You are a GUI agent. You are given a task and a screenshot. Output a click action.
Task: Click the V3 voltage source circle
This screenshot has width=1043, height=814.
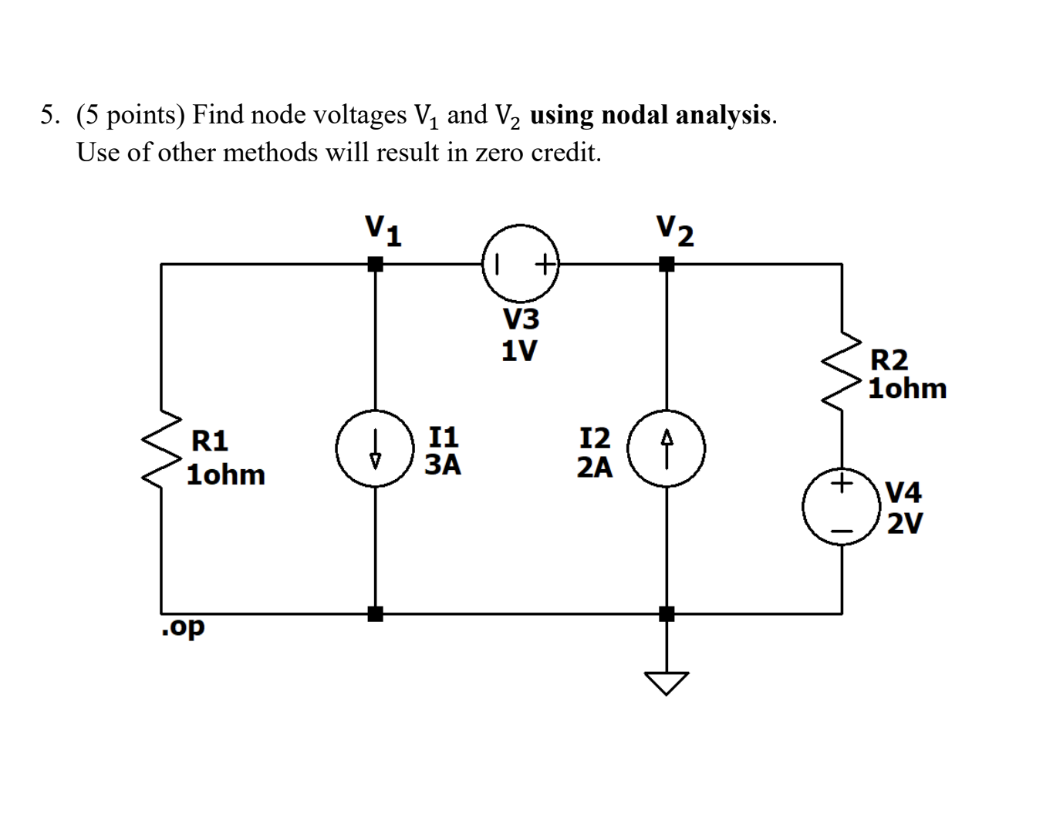(x=521, y=263)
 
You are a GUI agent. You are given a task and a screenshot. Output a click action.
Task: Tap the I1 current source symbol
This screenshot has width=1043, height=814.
(x=375, y=448)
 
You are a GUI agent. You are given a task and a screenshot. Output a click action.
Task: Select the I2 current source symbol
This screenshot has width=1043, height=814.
(x=667, y=448)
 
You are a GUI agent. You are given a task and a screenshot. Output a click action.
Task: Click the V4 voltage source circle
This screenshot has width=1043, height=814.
(x=841, y=507)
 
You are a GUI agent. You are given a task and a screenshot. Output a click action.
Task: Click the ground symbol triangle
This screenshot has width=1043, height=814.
(x=667, y=681)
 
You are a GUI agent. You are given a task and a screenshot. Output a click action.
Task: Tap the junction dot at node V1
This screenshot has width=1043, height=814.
(x=375, y=264)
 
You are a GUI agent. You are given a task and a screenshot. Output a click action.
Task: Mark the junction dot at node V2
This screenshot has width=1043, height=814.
(x=667, y=264)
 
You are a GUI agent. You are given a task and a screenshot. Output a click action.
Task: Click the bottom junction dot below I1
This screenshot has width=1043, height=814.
(x=375, y=614)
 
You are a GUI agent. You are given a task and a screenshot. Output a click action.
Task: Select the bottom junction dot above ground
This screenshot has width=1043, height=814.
(x=667, y=614)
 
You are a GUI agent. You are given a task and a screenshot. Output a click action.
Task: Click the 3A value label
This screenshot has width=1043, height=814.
(x=443, y=464)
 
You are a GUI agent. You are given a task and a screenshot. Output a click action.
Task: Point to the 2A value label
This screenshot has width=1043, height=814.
(x=595, y=467)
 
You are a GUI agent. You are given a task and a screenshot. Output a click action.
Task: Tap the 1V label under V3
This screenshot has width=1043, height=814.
(x=519, y=351)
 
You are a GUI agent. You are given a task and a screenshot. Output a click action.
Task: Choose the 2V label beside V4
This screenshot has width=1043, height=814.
(x=904, y=523)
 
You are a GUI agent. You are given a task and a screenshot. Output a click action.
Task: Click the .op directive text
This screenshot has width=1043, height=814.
(x=184, y=627)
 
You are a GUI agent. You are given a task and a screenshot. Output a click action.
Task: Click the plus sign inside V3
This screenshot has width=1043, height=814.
(x=545, y=265)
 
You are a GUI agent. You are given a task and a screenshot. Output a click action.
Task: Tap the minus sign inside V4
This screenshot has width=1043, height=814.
(x=842, y=531)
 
